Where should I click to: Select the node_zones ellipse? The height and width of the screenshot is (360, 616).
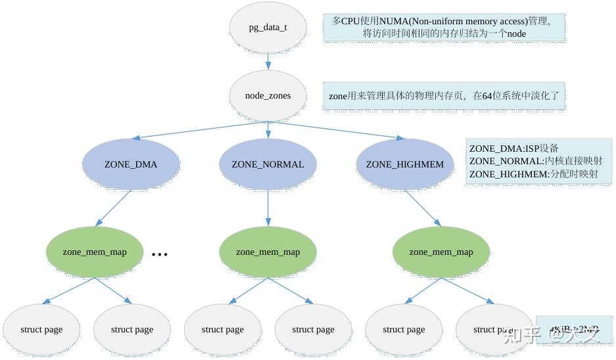(x=268, y=96)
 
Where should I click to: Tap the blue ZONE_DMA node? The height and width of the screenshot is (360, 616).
(x=131, y=164)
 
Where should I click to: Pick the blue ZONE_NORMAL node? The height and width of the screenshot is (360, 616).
(x=268, y=164)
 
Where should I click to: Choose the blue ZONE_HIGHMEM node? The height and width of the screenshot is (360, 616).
(x=405, y=164)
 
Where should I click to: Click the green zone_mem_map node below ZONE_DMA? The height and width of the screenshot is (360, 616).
(x=95, y=252)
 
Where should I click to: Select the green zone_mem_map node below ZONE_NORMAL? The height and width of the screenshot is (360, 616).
(x=268, y=252)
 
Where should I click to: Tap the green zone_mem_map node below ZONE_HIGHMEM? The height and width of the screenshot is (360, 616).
(x=441, y=252)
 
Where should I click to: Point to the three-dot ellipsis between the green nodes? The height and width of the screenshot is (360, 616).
(x=160, y=254)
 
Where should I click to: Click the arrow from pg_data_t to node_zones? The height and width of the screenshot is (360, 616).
(x=268, y=62)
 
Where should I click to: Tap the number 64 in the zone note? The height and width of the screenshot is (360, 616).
(x=488, y=96)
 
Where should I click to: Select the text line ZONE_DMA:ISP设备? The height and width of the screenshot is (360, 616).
(x=513, y=148)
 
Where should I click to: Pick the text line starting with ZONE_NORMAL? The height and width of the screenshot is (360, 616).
(x=535, y=161)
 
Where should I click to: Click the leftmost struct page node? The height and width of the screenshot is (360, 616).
(x=41, y=330)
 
